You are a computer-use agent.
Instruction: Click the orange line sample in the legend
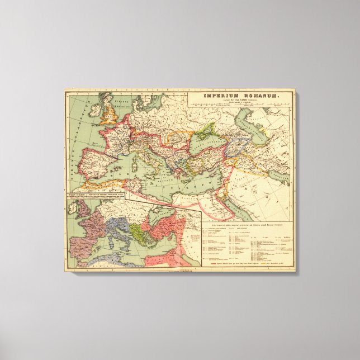pyautogui.click(x=257, y=261)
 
